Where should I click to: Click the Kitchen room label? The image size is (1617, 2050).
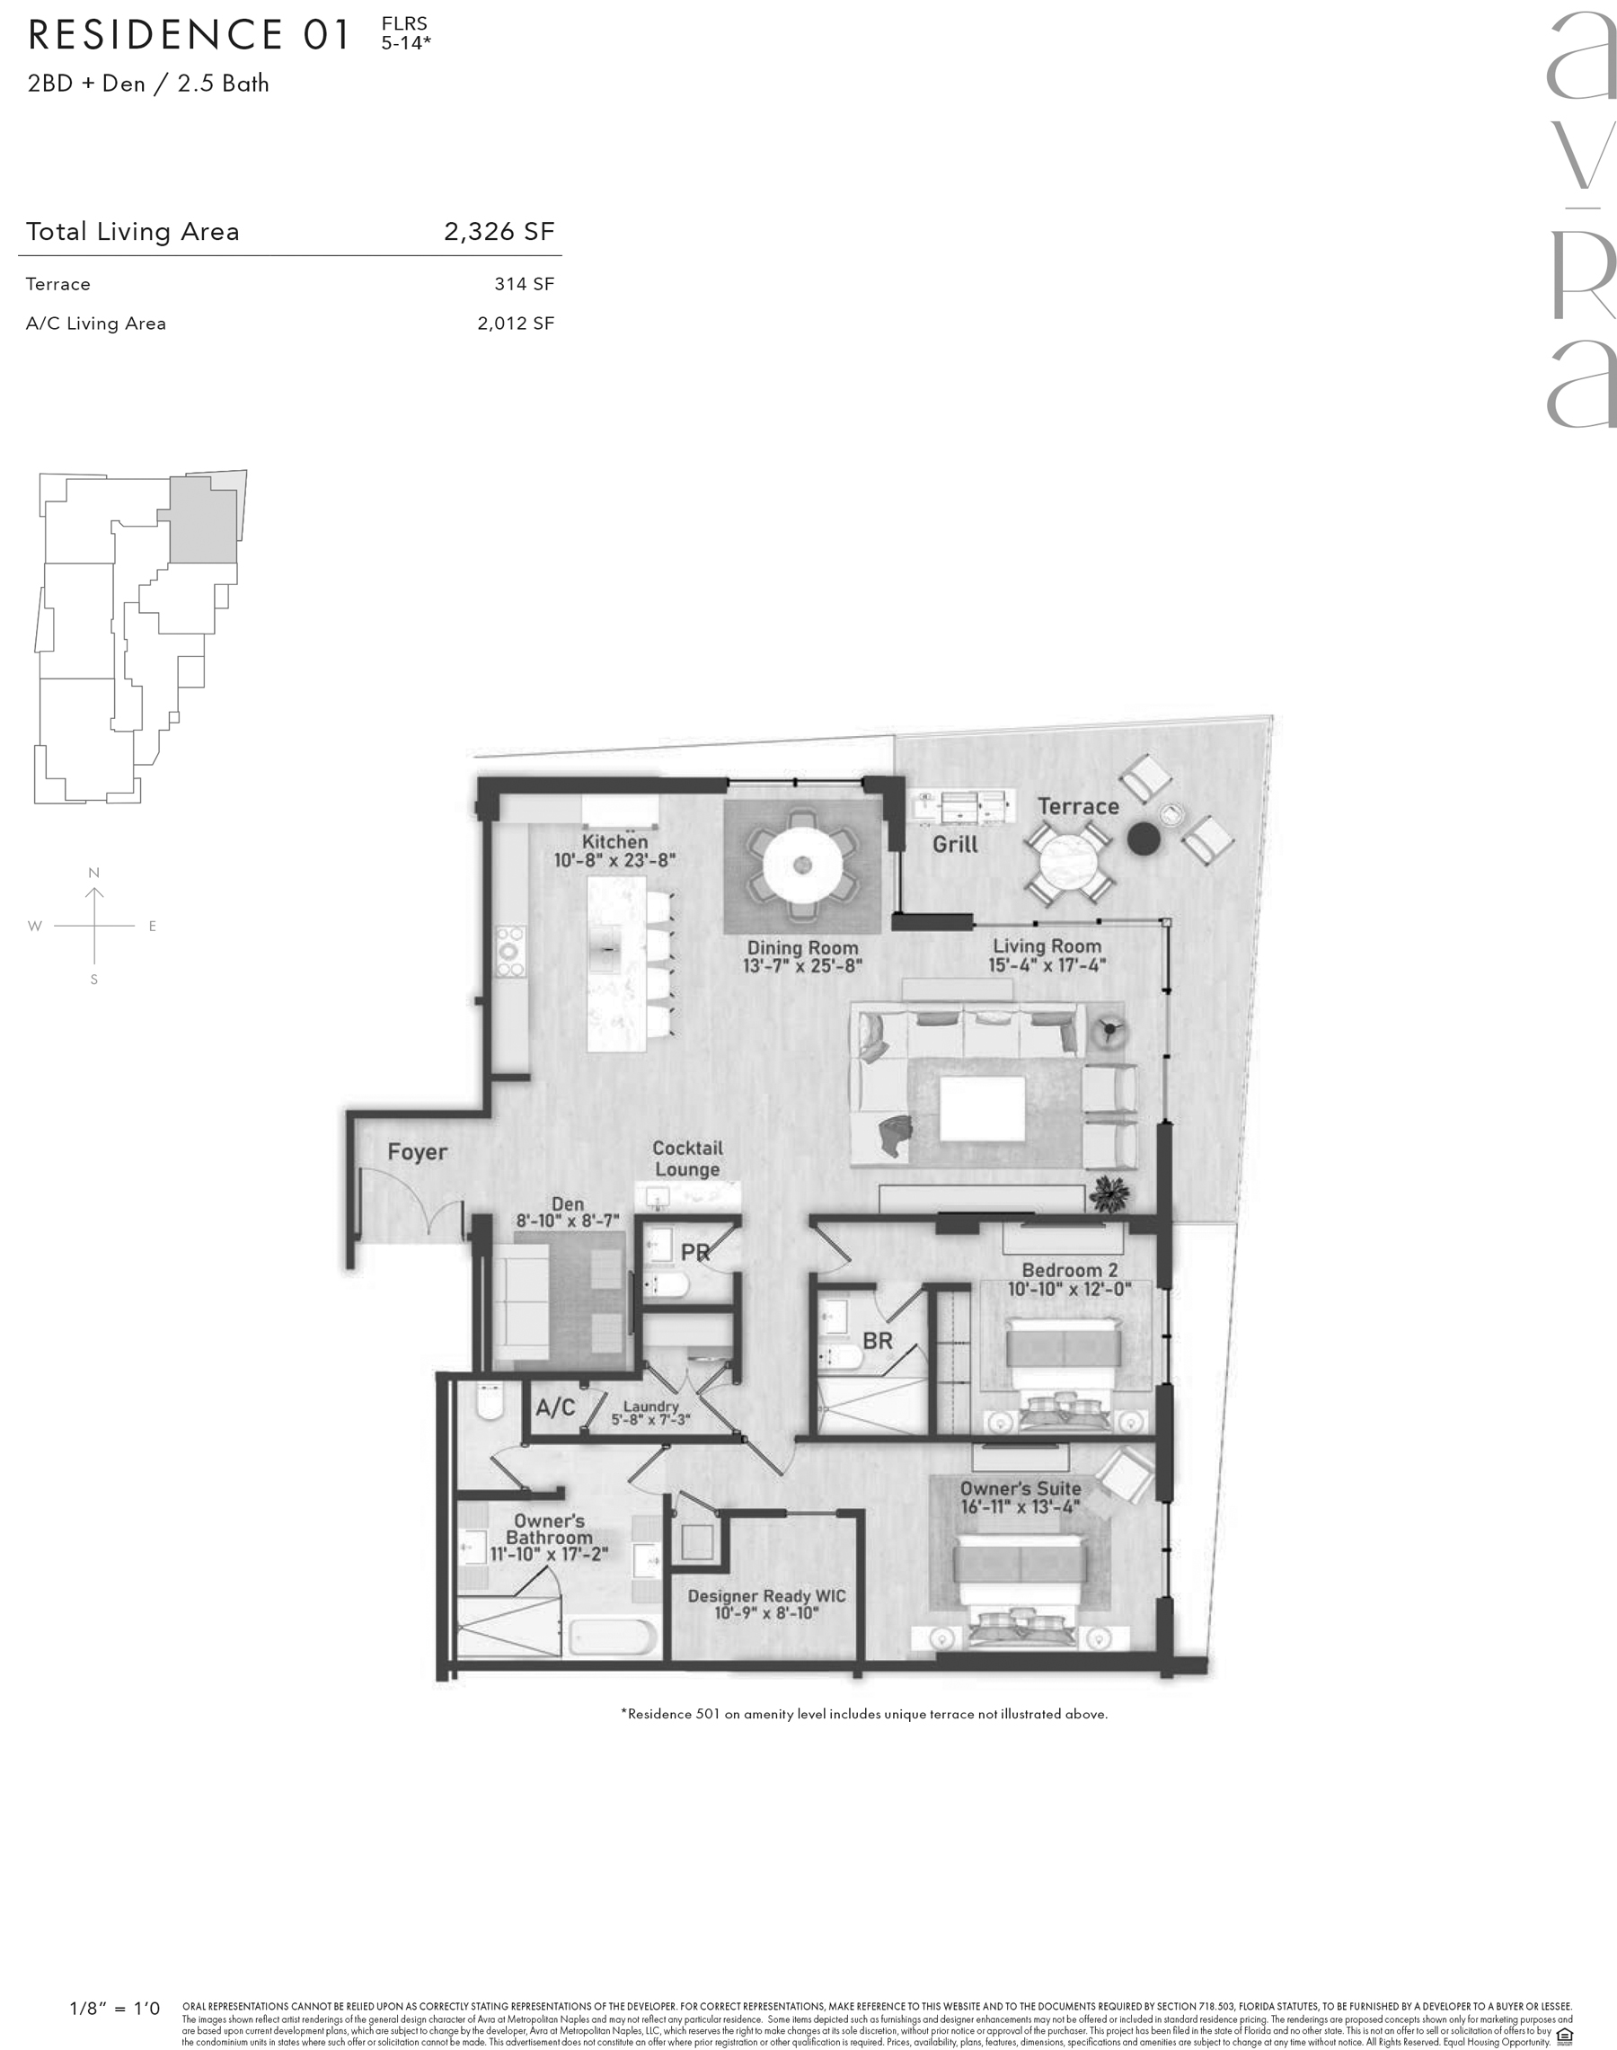tap(615, 841)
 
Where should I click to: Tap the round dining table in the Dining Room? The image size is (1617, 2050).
tap(803, 865)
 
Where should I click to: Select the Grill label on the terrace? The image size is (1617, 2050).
tap(955, 844)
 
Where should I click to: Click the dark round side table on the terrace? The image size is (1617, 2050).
tap(1144, 839)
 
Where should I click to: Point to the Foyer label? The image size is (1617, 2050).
tap(418, 1152)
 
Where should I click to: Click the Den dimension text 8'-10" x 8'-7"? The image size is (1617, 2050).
tap(568, 1221)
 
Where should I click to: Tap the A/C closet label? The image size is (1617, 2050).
tap(556, 1407)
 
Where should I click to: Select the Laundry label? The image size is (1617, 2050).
tap(651, 1407)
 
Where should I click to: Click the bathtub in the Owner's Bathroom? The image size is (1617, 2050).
tap(614, 1637)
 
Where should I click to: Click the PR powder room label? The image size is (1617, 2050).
tap(695, 1252)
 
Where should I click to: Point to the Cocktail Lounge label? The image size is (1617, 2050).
tap(687, 1158)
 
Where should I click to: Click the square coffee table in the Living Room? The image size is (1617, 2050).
tap(983, 1109)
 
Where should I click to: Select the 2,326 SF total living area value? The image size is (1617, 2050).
tap(499, 231)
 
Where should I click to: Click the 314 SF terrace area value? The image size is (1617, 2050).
tap(525, 284)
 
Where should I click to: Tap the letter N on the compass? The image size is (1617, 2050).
tap(93, 872)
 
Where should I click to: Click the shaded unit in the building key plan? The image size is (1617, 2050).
tap(203, 519)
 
